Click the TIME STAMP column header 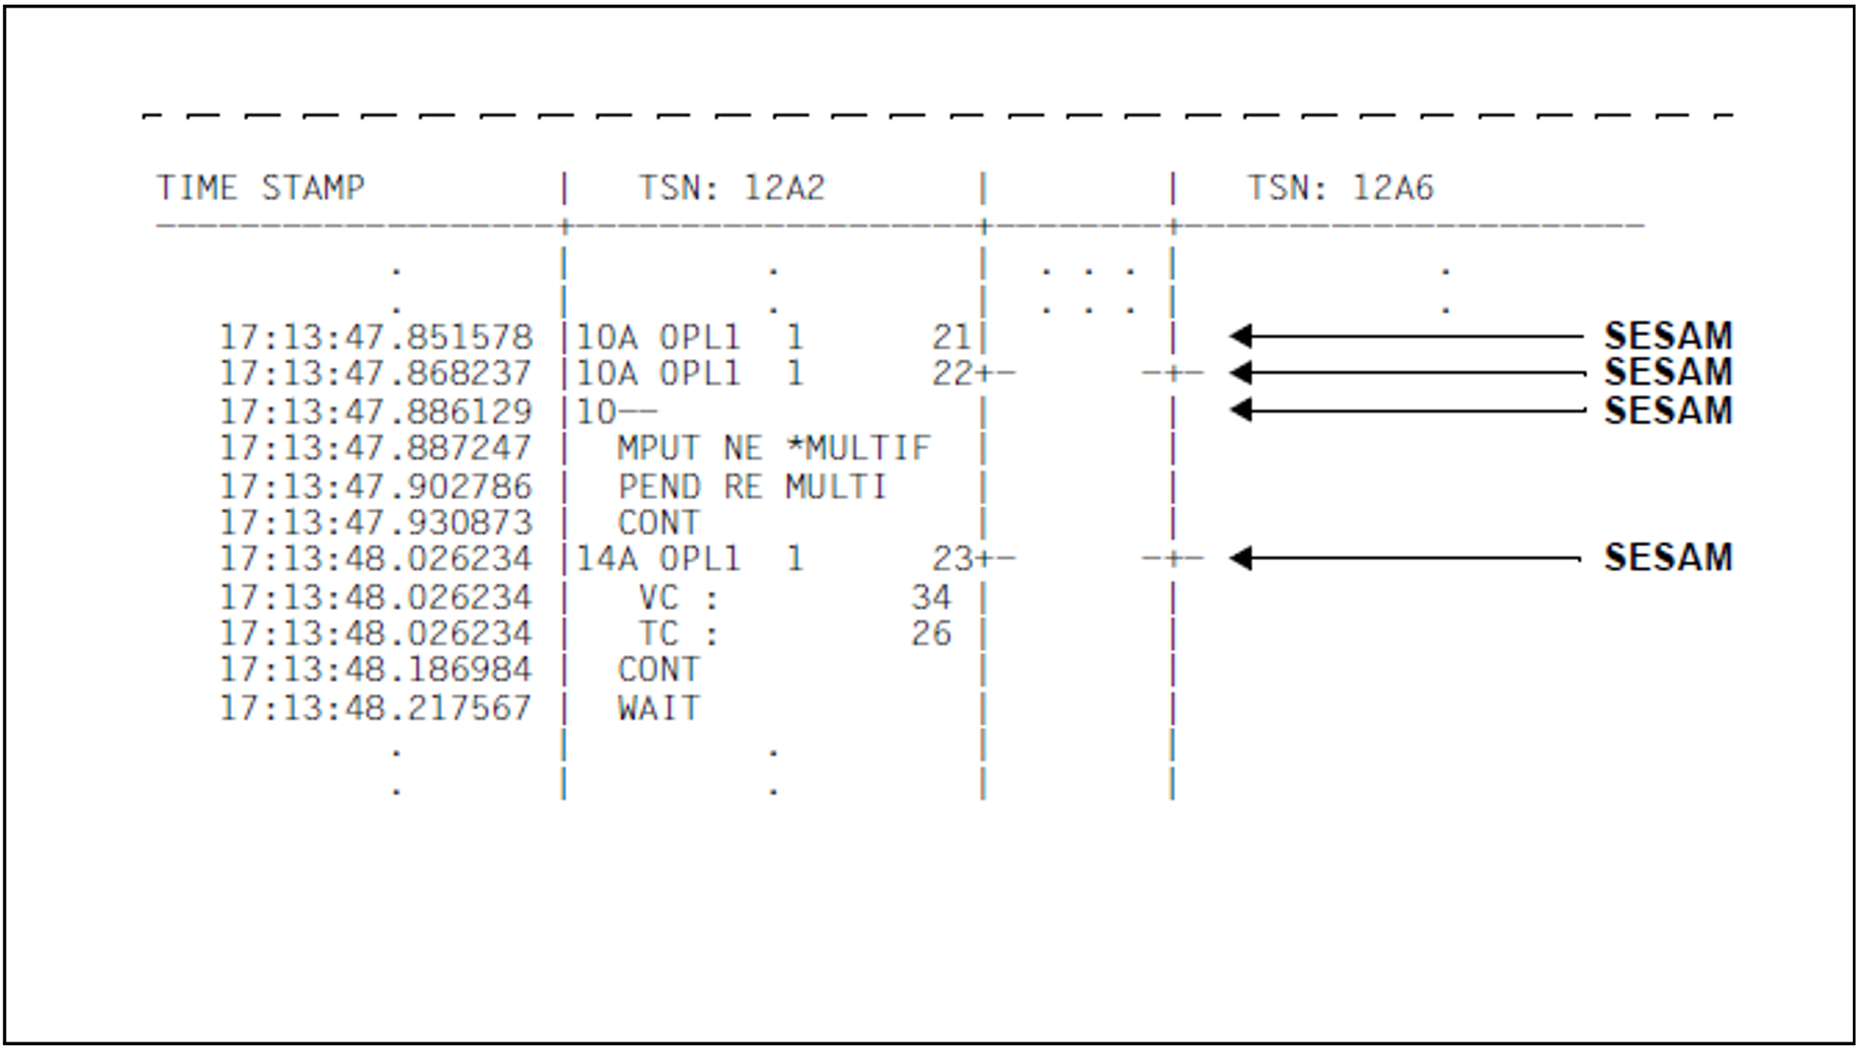(261, 188)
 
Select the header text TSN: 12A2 (731, 188)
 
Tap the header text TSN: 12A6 (1340, 188)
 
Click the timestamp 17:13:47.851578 (375, 337)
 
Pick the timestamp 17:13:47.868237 (375, 374)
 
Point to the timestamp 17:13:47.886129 (375, 411)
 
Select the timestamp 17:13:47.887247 (375, 448)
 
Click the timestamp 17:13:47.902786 (375, 486)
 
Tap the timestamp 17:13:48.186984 (375, 670)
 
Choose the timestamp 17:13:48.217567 (375, 708)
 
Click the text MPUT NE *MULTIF (774, 448)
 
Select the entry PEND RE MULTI (752, 486)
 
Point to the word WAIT (658, 708)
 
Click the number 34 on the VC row (931, 597)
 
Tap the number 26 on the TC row (931, 634)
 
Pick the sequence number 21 (951, 337)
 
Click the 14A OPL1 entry (658, 559)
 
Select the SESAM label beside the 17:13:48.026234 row (1667, 557)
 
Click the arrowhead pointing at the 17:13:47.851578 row (1241, 336)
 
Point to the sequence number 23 (951, 559)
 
